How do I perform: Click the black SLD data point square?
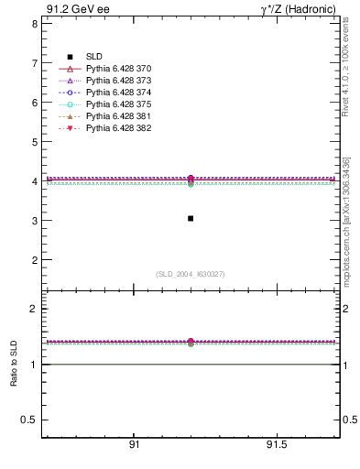tap(190, 218)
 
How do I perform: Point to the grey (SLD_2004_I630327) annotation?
tap(190, 274)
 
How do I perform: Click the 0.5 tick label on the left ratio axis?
tap(29, 420)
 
